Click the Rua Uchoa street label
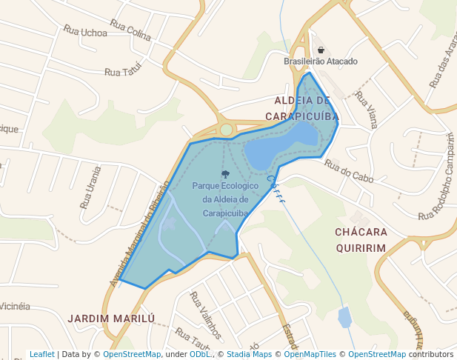85,32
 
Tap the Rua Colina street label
130,29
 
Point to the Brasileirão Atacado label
321,61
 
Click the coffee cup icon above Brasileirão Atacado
321,50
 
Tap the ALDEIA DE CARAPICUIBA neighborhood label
302,107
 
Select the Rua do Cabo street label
348,171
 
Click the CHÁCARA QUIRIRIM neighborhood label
361,240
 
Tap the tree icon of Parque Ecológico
225,174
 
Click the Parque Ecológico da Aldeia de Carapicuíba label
224,199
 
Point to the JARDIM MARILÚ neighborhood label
112,319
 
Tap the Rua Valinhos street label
206,314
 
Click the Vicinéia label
14,306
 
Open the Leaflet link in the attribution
41,354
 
